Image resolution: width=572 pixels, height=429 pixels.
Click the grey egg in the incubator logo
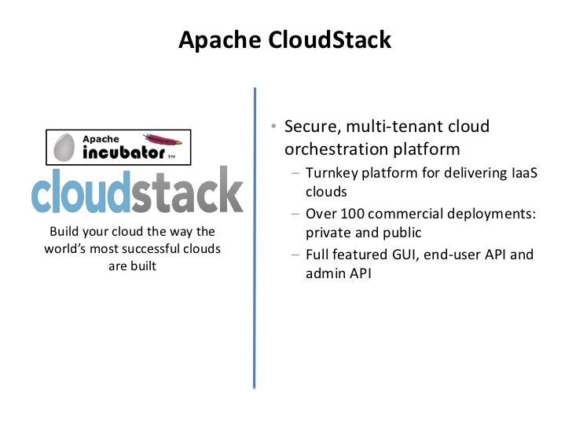pos(65,147)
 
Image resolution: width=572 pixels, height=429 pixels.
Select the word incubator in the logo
pos(123,151)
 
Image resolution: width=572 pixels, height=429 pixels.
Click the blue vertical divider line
pos(255,236)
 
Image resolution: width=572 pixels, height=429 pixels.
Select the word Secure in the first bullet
pos(310,126)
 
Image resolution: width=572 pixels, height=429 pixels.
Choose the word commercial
pos(403,214)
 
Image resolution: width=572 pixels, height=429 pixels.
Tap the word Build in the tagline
pos(64,231)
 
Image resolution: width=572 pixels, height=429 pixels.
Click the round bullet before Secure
pos(269,127)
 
